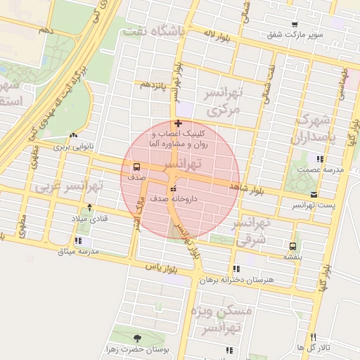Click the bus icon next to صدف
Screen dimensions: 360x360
[x=136, y=167]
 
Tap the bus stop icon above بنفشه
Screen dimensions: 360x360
[x=292, y=246]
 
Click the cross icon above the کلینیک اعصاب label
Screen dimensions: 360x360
[x=177, y=124]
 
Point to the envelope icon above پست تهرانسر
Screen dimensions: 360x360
[x=313, y=194]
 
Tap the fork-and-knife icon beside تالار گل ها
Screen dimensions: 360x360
[x=313, y=337]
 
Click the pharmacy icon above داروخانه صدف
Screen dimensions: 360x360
[x=172, y=188]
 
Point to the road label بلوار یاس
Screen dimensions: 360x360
[x=161, y=267]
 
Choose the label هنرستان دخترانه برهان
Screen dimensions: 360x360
[x=235, y=279]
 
